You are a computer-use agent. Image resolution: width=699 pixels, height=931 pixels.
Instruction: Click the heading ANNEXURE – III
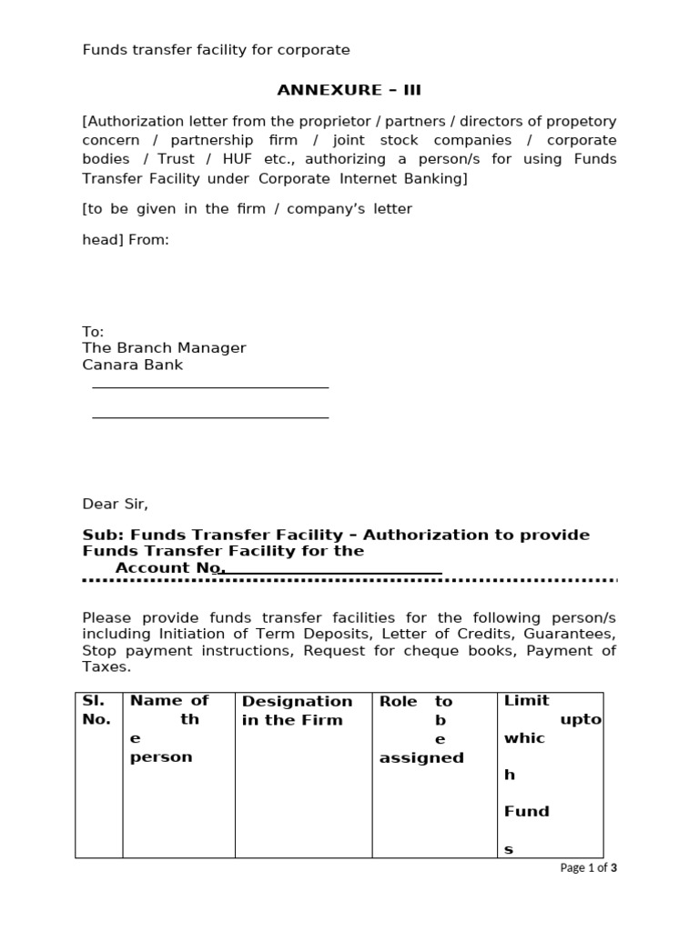point(349,90)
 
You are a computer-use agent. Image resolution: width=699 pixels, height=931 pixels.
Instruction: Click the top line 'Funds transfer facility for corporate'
point(216,49)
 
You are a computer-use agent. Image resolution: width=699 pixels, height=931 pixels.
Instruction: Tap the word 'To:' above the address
point(93,332)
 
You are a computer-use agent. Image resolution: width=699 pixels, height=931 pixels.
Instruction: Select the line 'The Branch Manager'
point(164,348)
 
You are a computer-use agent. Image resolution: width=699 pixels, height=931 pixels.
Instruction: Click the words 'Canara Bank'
point(133,365)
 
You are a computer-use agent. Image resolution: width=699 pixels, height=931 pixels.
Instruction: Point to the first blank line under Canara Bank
point(210,387)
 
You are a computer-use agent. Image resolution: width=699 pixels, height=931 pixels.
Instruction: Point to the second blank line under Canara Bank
point(210,417)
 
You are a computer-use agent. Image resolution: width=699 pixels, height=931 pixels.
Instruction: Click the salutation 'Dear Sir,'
point(115,504)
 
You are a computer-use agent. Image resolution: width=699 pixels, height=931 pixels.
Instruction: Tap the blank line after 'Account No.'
point(333,573)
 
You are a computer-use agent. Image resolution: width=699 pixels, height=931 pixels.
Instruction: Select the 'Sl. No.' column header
point(96,710)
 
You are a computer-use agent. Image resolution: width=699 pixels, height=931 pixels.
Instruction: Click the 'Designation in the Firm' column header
point(297,710)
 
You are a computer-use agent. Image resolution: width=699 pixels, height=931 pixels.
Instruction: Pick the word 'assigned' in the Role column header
point(421,757)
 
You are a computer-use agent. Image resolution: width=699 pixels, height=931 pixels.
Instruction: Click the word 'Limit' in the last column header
point(527,700)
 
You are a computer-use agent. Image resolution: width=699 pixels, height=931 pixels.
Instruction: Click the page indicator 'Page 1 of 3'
point(588,868)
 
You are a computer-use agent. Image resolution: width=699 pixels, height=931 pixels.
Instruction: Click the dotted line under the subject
point(349,580)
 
